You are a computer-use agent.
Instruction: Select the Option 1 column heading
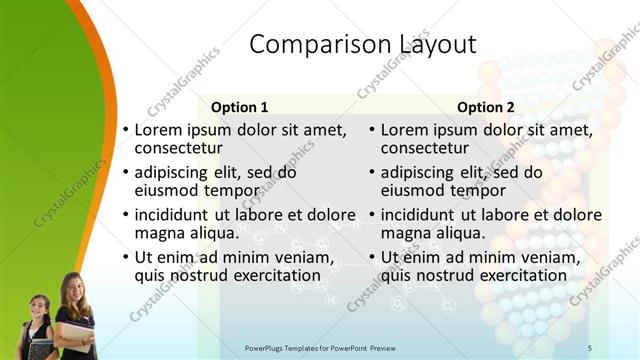coord(240,107)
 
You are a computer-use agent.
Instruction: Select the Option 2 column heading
coord(486,107)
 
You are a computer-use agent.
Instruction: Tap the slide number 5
coord(590,347)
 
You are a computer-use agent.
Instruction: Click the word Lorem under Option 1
coord(158,130)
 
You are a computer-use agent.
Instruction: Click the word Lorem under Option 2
coord(404,130)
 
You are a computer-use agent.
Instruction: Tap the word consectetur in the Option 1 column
coord(178,148)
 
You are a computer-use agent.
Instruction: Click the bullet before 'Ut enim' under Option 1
coord(125,259)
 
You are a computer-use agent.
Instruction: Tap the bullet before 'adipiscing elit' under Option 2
coord(371,173)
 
